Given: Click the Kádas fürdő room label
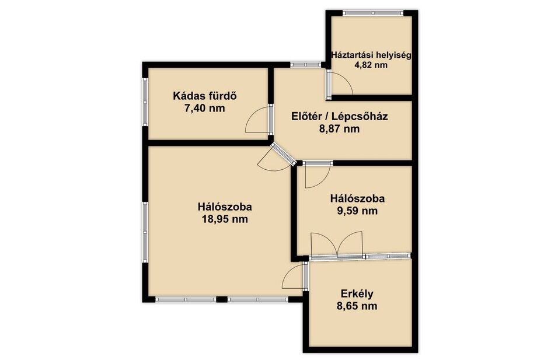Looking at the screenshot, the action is (205, 96).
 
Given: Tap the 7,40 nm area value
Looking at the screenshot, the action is (205, 108).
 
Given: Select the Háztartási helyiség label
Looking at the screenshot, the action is (371, 55).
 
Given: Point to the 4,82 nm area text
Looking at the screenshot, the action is (371, 65).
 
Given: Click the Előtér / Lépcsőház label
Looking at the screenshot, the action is (339, 116).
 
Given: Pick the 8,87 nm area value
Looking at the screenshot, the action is (339, 129).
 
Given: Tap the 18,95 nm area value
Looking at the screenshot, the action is (225, 219).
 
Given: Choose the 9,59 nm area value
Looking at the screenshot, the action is (357, 211).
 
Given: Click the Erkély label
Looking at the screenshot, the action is (357, 294).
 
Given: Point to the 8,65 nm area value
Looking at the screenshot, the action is (357, 306).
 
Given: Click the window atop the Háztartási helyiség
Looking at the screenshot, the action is (373, 13).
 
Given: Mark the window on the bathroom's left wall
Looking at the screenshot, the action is (145, 102).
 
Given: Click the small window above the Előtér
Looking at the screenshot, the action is (305, 65).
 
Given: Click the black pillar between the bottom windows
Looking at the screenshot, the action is (222, 299).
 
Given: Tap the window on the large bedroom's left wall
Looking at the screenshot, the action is (145, 232).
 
